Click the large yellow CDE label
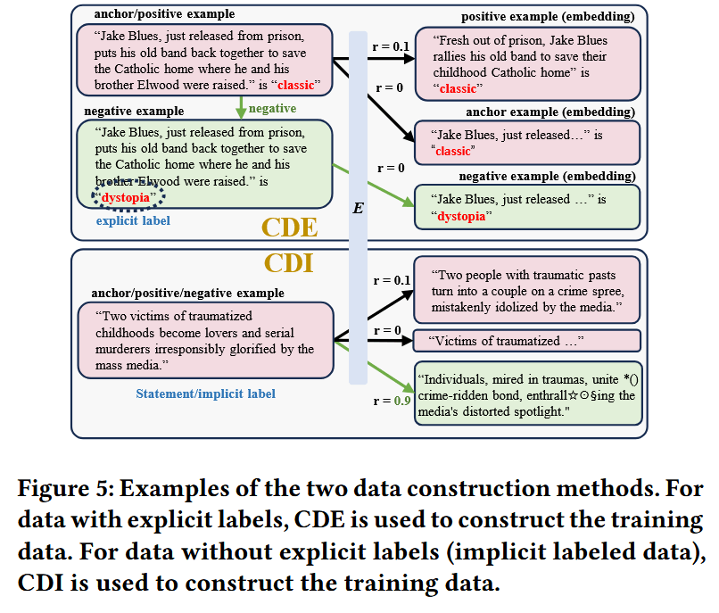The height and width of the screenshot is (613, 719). coord(290,227)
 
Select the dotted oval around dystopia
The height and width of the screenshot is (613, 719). coord(130,196)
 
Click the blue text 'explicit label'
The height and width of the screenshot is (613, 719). coord(132,220)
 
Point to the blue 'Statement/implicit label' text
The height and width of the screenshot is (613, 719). coord(205,393)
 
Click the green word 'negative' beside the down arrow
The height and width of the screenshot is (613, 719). coord(273,108)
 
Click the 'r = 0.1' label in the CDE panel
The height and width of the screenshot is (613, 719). coord(391,45)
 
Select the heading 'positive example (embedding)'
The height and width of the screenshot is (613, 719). coord(549,17)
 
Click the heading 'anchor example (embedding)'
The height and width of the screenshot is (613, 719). coord(550,112)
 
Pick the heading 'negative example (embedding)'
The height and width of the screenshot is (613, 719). coord(549,177)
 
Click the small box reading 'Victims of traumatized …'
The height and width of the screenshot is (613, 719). coord(527,341)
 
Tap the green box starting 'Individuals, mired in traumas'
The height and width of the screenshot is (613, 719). coord(527,393)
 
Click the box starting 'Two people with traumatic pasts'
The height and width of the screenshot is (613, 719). coord(527,291)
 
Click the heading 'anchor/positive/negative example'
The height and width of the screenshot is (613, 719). coord(188,293)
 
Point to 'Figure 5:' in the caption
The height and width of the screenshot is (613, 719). coord(65,489)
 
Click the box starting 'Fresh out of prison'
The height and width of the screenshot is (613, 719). coord(527,63)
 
